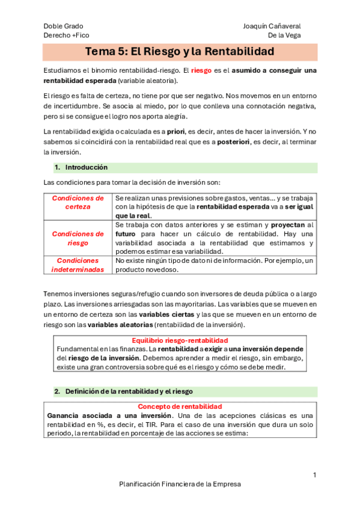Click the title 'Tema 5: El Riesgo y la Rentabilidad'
tap(180, 52)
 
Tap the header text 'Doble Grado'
tap(63, 26)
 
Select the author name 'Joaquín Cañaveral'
tap(272, 26)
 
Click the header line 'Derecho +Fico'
tap(66, 35)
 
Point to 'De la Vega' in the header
tap(284, 35)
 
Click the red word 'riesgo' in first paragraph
tap(201, 70)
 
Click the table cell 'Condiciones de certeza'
tap(78, 202)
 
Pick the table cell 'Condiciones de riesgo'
tap(78, 238)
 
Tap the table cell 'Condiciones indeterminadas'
tap(78, 265)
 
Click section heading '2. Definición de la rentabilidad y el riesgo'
tap(129, 391)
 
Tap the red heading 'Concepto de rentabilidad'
tap(180, 407)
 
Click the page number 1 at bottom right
tap(314, 475)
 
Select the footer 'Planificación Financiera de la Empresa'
tap(180, 484)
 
